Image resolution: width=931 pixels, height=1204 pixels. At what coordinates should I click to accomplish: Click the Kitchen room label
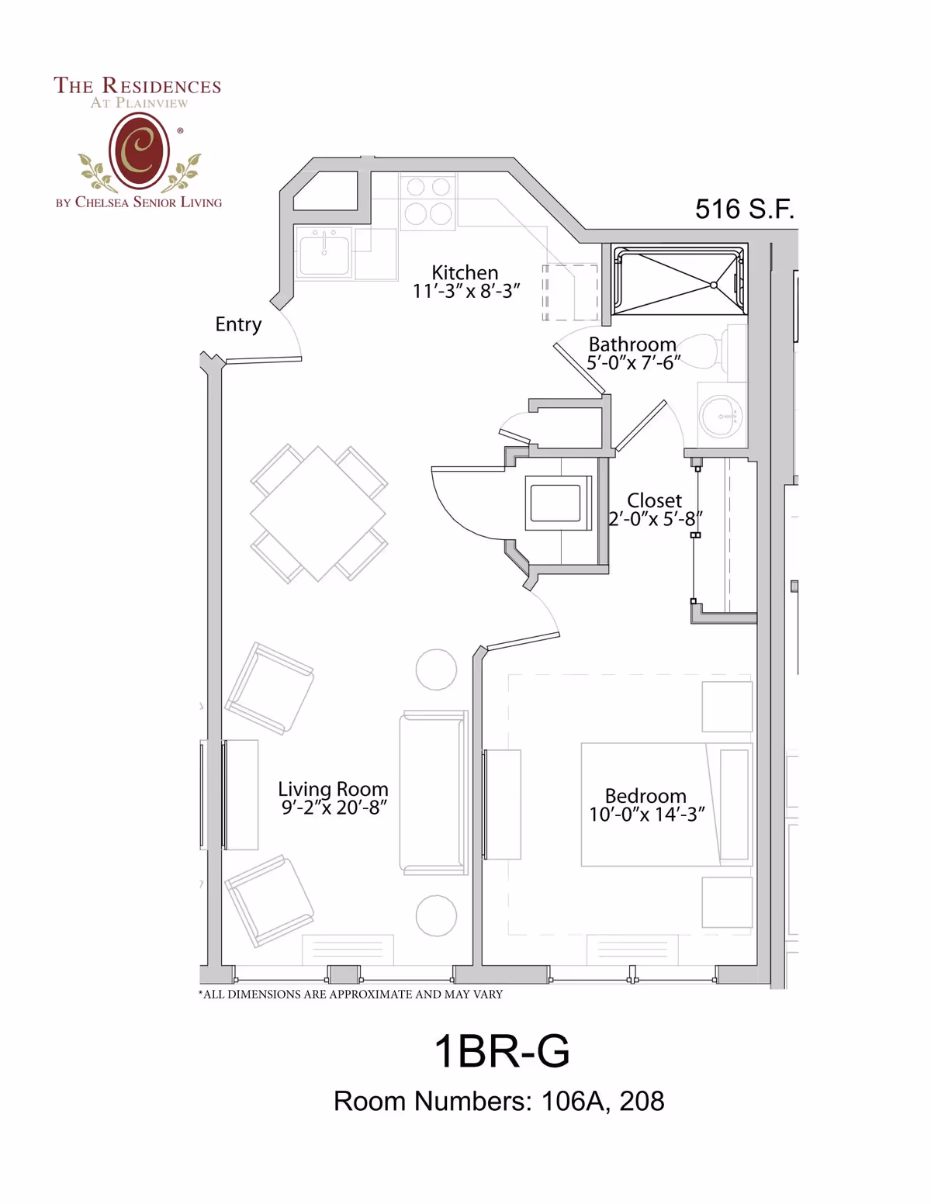click(465, 272)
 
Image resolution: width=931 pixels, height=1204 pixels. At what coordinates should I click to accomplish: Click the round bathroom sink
click(721, 416)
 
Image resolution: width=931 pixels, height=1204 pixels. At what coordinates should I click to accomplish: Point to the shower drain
click(713, 285)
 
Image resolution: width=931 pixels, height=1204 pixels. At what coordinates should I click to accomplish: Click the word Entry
click(238, 325)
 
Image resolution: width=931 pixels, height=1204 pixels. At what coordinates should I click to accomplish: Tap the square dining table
click(318, 513)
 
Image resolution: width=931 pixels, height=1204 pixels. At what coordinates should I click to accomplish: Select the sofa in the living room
click(434, 793)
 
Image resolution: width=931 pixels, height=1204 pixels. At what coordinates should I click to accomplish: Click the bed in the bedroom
click(666, 804)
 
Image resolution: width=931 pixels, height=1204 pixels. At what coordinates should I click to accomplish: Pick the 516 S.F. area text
click(744, 209)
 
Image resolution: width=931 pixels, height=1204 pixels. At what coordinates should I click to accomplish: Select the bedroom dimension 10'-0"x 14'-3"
click(646, 814)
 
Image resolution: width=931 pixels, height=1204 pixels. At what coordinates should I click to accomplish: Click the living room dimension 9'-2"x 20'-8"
click(334, 808)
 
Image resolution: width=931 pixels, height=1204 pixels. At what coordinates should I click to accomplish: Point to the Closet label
click(654, 500)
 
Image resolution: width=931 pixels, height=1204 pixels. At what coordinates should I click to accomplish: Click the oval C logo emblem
click(139, 150)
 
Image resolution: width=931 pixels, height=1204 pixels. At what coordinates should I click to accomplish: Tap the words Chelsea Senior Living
click(148, 202)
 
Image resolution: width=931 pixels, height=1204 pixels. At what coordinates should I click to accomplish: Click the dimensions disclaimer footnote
click(351, 994)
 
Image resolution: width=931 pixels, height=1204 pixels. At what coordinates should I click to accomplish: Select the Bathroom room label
click(632, 344)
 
